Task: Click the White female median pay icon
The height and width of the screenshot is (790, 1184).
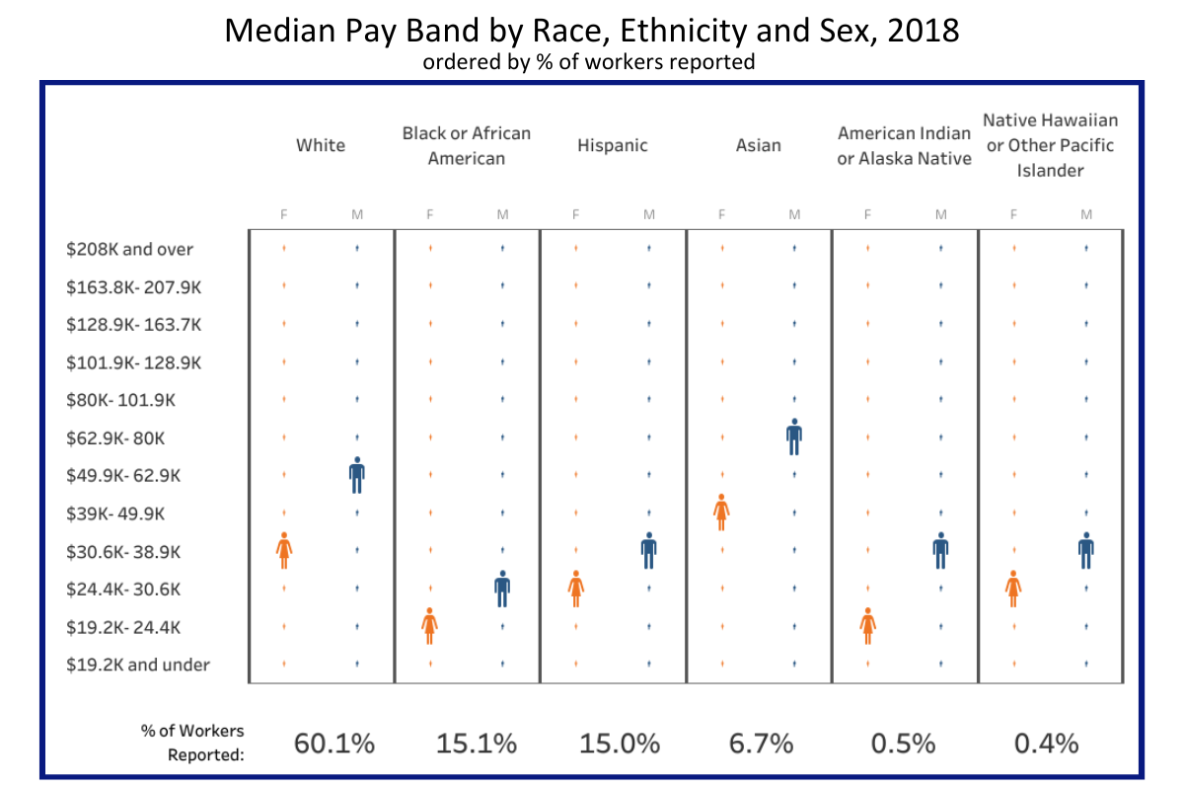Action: click(x=284, y=550)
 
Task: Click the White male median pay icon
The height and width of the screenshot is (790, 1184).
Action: click(x=357, y=475)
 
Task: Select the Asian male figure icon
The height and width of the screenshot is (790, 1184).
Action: click(x=794, y=436)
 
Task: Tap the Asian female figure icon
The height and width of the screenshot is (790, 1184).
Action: click(x=721, y=513)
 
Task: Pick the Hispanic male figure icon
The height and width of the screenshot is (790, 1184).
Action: click(x=648, y=550)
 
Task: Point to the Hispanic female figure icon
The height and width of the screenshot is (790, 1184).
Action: click(x=576, y=589)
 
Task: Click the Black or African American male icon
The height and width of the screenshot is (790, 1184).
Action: click(x=502, y=589)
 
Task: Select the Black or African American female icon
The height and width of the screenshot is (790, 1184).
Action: click(x=429, y=626)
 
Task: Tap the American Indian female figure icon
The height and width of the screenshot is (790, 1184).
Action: click(x=867, y=626)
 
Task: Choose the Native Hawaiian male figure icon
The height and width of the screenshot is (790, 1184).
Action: click(x=1085, y=550)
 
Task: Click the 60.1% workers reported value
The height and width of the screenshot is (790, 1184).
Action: click(x=334, y=744)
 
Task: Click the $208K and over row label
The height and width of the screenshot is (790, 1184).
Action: click(x=130, y=249)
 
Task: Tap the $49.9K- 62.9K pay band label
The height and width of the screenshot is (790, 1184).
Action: click(x=123, y=475)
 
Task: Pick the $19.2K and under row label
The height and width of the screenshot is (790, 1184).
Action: click(x=138, y=665)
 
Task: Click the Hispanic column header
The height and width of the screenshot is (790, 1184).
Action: click(x=613, y=145)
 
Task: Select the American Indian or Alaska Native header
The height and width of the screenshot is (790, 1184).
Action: click(x=905, y=145)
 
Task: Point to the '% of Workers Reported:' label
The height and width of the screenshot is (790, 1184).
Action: click(x=192, y=744)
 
